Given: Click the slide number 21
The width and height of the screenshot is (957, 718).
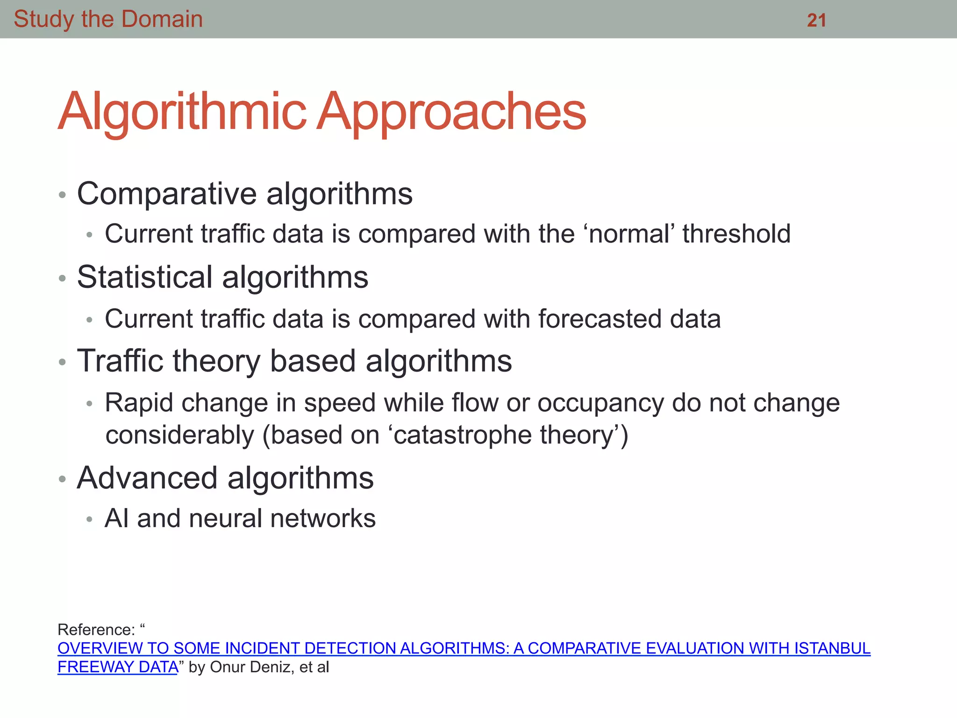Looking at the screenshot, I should coord(816,20).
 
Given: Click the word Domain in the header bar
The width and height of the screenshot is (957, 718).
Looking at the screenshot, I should coord(162,20).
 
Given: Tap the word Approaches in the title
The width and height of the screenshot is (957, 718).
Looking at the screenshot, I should coord(451,112).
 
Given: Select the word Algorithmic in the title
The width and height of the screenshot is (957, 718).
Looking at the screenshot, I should coord(182,112).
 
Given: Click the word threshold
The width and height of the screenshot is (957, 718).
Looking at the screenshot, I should coord(736,234).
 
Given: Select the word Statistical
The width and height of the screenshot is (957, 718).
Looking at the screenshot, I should coord(145,277).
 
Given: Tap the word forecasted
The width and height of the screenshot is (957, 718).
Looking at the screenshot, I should coord(600,319).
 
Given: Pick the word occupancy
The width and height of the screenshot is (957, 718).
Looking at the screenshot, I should coord(600,403).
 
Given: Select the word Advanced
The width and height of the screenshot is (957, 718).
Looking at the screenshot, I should coord(147,478).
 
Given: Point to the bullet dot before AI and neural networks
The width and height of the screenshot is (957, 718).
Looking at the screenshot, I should coord(90,520).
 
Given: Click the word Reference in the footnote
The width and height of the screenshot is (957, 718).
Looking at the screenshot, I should coord(96,630).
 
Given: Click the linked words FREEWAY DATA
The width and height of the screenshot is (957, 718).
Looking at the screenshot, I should coord(118,667).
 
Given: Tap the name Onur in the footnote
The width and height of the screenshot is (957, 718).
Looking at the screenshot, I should coord(228,667).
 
